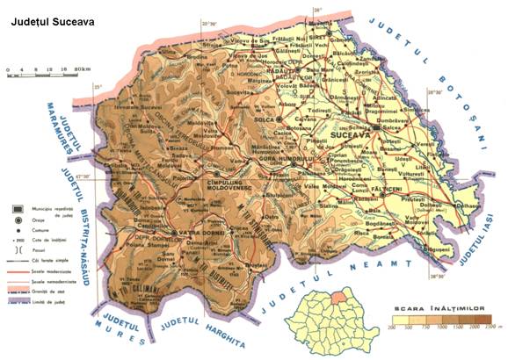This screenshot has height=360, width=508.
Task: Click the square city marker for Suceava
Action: (376, 128)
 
